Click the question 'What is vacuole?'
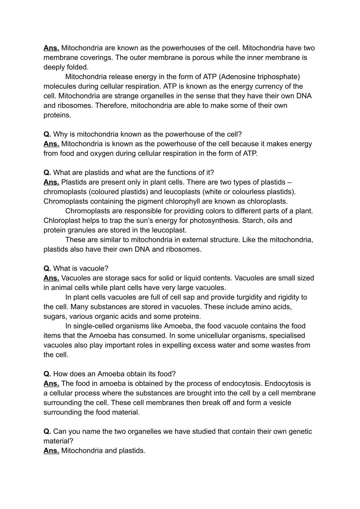80,269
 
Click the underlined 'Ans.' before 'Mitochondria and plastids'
51,451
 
